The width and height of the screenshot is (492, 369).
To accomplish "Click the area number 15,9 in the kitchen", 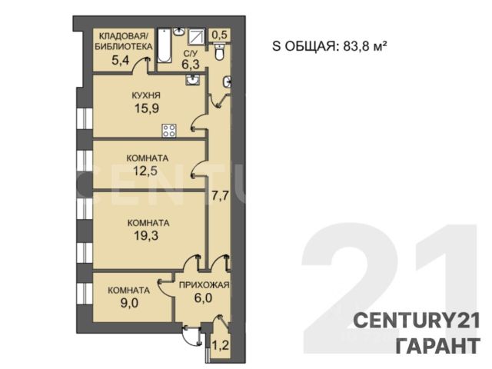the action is tap(147, 108).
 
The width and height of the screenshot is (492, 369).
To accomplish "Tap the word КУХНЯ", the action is tap(146, 95).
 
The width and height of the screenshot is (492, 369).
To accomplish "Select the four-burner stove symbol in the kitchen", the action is tap(169, 131).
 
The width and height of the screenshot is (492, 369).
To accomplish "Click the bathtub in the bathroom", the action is tap(165, 46).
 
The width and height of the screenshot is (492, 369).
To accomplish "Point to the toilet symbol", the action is tap(219, 52).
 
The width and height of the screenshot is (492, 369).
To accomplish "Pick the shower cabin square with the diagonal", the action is tap(197, 38).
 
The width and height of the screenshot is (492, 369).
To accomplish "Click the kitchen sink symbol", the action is tap(192, 80).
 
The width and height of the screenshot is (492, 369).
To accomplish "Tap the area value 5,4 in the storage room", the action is tap(121, 60).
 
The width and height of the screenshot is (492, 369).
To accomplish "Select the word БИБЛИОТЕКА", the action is tap(124, 47).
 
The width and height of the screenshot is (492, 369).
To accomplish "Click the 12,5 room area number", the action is tap(145, 171).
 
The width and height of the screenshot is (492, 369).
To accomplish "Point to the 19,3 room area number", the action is tap(146, 235).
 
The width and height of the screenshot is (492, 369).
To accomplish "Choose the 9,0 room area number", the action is tap(129, 304).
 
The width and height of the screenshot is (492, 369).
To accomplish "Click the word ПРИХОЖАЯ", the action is tap(204, 285).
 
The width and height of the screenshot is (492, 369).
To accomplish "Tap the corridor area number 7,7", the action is tap(220, 198).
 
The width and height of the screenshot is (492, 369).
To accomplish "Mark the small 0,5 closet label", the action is tap(219, 35).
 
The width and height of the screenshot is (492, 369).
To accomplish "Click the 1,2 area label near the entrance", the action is tap(221, 347).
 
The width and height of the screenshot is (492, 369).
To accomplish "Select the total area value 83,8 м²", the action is tap(364, 46).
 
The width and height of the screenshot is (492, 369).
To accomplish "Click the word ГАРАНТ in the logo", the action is tap(438, 346).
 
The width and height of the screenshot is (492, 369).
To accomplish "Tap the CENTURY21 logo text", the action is tap(417, 321).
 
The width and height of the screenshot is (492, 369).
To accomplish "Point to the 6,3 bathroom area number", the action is tap(191, 65).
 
